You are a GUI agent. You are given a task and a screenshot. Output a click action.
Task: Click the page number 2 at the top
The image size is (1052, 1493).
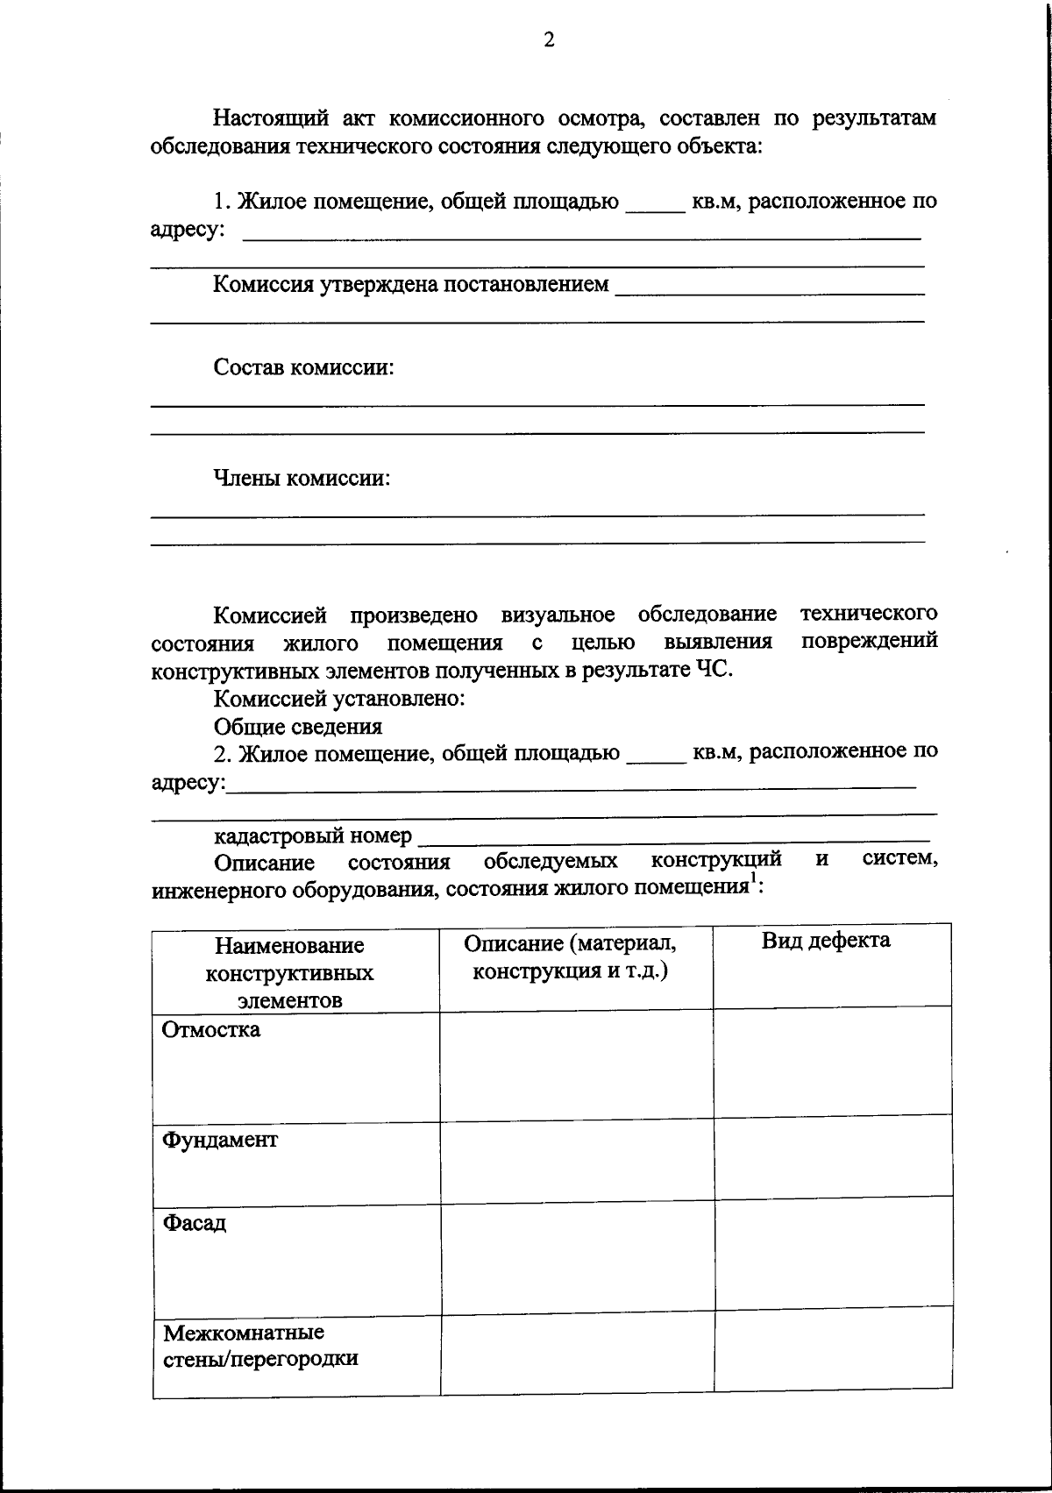[549, 40]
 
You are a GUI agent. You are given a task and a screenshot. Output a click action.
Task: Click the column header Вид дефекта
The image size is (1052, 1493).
[826, 941]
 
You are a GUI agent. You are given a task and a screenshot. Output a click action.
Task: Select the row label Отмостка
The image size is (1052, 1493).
[211, 1029]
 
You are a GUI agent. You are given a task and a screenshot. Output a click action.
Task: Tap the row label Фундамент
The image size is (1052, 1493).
[220, 1140]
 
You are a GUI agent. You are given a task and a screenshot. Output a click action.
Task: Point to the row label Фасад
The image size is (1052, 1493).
[195, 1222]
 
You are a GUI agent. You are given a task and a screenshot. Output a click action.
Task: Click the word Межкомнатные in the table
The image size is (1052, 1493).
[244, 1333]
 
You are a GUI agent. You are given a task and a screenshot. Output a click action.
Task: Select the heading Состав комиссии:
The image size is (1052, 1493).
[303, 367]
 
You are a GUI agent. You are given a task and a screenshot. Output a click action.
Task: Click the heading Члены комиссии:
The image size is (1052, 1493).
[302, 478]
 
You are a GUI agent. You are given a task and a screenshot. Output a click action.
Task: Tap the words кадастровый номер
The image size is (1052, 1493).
[312, 835]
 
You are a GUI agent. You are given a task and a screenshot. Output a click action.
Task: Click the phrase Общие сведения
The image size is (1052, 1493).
[298, 726]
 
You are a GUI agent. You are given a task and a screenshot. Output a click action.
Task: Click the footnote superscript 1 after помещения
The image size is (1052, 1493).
[752, 881]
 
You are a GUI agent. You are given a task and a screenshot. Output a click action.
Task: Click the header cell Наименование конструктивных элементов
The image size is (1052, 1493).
[290, 972]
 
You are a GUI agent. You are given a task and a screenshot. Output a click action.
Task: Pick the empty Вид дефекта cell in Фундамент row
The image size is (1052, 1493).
[833, 1156]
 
